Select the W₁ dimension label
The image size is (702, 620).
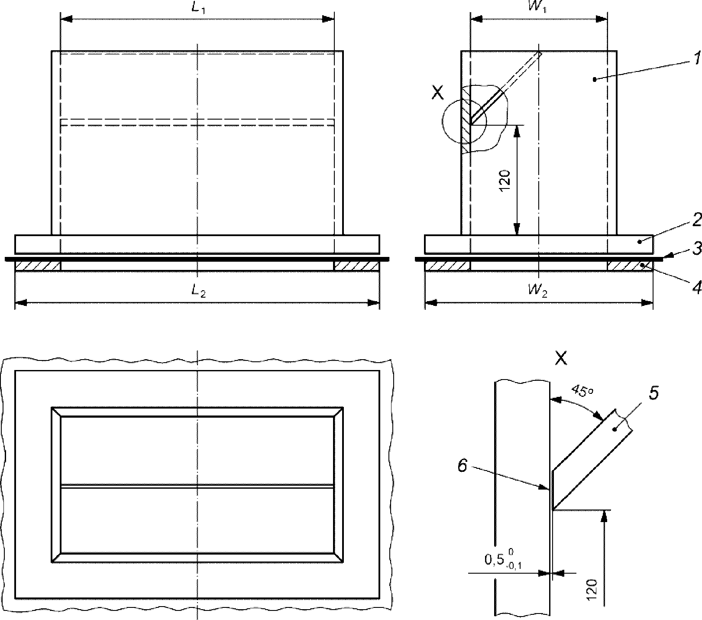point(538,8)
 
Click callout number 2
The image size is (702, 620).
point(696,220)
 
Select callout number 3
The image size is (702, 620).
point(696,250)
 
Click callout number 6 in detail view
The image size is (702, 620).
point(463,466)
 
